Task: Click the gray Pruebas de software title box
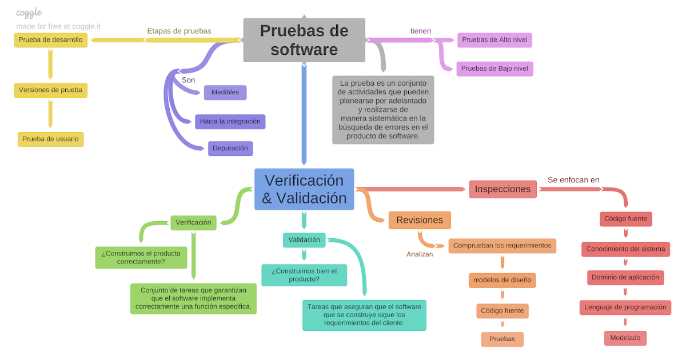coord(304,39)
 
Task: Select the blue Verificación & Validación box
coord(304,189)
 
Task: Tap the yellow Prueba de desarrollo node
coord(50,40)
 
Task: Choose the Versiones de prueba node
coord(50,90)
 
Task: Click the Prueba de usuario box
coord(50,139)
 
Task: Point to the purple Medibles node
coord(225,93)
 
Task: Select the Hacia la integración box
coord(230,121)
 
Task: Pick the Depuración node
coord(230,148)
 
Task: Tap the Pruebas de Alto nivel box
coord(495,40)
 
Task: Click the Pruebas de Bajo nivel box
coord(495,69)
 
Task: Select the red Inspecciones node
coord(502,189)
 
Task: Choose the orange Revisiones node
coord(420,220)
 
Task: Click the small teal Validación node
coord(304,240)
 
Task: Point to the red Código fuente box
coord(625,218)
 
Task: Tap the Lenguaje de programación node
coord(625,307)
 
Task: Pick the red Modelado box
coord(625,338)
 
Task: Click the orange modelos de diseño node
coord(502,280)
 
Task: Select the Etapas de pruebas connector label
coord(179,31)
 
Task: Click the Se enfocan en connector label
coord(573,180)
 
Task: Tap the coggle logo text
coord(29,13)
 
